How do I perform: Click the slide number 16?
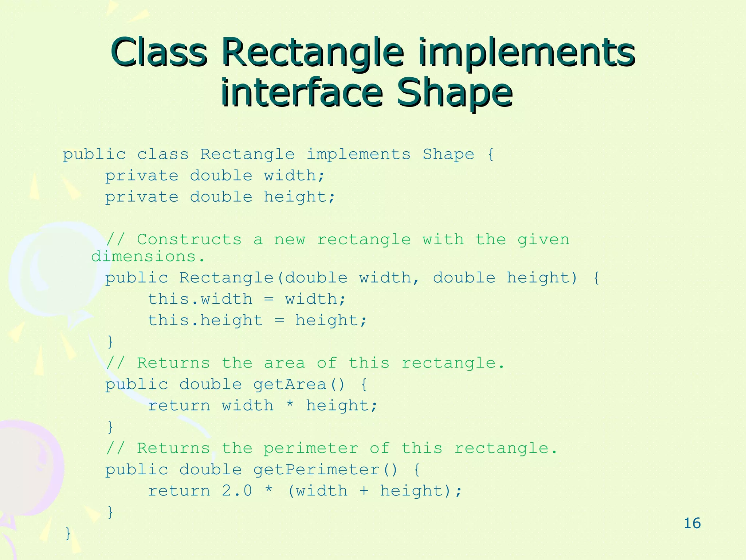pyautogui.click(x=692, y=523)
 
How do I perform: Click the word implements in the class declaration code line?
pyautogui.click(x=359, y=155)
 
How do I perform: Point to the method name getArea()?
pyautogui.click(x=299, y=385)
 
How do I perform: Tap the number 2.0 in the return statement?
pyautogui.click(x=237, y=491)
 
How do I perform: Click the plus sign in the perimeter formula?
pyautogui.click(x=364, y=491)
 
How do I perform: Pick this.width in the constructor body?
pyautogui.click(x=200, y=299)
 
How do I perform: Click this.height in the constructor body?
pyautogui.click(x=205, y=320)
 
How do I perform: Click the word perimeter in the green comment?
pyautogui.click(x=311, y=448)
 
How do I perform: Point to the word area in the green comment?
pyautogui.click(x=284, y=363)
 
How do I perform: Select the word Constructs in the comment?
pyautogui.click(x=189, y=240)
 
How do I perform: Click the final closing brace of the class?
pyautogui.click(x=68, y=533)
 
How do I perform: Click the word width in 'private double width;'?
pyautogui.click(x=290, y=176)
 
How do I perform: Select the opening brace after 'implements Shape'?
pyautogui.click(x=491, y=155)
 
